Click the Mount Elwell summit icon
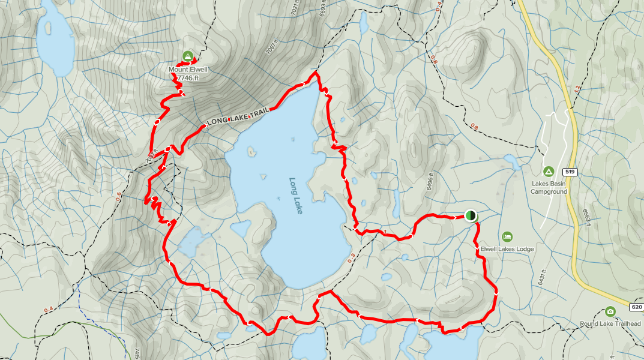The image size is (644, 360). pos(187,56)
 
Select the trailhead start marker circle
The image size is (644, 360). pos(471,215)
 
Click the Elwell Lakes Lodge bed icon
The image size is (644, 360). pos(507,236)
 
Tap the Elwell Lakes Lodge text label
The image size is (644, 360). pos(507,249)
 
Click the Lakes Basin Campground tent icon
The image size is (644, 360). pos(548,172)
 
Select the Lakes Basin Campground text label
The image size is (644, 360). pos(549,188)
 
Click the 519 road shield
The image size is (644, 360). pos(570,172)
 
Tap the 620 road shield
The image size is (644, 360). pos(637,307)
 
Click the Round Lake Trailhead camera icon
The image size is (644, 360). pos(610,311)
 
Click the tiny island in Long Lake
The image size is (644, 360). pos(263,176)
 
